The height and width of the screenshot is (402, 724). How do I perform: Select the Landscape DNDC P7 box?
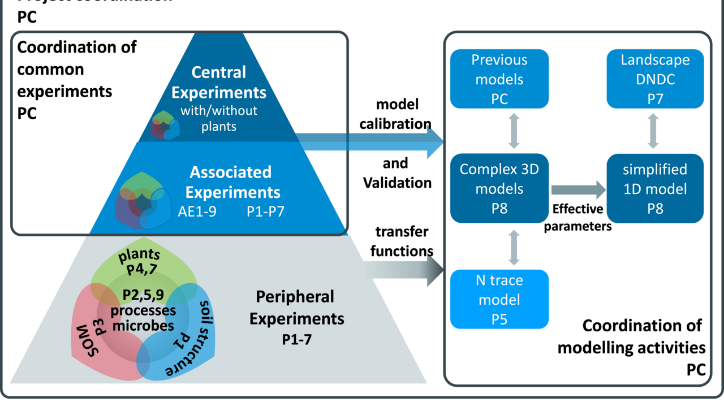click(655, 79)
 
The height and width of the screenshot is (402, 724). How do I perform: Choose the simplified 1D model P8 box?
click(655, 188)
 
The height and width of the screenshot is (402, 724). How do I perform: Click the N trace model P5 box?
click(499, 299)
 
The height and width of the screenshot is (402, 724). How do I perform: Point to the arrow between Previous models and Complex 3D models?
click(514, 131)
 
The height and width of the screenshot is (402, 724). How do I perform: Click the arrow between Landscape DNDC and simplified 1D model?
click(654, 131)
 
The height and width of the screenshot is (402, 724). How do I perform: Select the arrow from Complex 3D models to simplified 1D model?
click(577, 189)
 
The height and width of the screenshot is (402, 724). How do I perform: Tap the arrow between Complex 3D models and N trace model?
click(514, 246)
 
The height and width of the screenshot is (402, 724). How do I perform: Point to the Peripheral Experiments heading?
click(296, 308)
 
